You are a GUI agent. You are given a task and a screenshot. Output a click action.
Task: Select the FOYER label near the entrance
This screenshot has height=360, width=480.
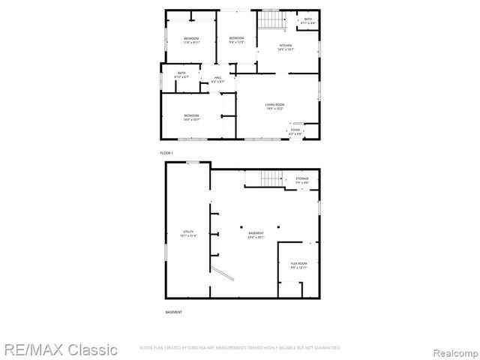(295, 130)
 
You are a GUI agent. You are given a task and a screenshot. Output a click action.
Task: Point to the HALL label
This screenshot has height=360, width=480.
(217, 77)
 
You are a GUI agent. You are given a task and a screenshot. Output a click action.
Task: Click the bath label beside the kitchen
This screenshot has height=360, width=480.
(307, 19)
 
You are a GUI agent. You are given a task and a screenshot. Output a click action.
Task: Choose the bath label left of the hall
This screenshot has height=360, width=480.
(181, 73)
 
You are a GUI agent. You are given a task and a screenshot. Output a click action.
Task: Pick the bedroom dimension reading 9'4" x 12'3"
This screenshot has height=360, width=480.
(237, 42)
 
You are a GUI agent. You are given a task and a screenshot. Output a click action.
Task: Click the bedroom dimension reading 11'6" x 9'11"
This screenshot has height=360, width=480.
(192, 42)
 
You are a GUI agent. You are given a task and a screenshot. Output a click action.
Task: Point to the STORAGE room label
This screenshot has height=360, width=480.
(301, 178)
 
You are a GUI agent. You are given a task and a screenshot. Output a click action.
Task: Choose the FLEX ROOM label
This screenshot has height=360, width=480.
(298, 263)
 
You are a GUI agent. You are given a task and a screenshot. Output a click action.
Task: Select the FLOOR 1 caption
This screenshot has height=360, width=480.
(166, 153)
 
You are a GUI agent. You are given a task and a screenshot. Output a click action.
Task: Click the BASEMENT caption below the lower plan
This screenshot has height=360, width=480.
(173, 311)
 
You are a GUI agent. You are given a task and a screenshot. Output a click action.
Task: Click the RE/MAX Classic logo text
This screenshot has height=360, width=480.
(59, 349)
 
